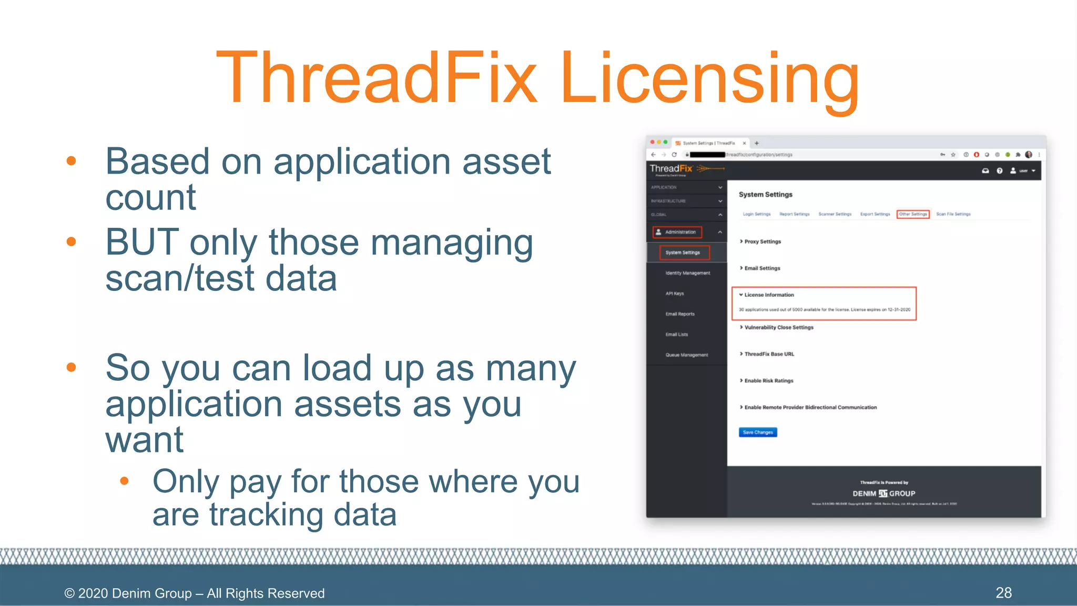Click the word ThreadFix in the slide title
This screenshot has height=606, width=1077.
pos(377,78)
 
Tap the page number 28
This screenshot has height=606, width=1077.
pos(1003,593)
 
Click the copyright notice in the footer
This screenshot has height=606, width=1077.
pos(195,593)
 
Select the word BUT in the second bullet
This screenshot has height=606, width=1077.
pos(142,243)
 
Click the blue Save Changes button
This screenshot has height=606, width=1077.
pos(758,432)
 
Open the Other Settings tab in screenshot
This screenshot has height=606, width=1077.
pos(913,214)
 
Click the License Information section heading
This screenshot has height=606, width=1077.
pos(768,295)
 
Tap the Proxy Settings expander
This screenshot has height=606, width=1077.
pos(762,241)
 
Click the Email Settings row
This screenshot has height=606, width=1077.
pos(761,268)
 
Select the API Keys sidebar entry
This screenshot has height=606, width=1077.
pos(675,294)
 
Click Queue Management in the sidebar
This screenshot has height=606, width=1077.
pos(686,355)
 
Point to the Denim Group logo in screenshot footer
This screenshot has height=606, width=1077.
pos(883,493)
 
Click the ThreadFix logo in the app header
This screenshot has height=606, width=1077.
pos(672,169)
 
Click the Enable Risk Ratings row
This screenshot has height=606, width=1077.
pos(768,381)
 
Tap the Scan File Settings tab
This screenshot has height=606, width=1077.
pos(953,214)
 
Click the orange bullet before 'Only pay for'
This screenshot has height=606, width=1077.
pos(124,480)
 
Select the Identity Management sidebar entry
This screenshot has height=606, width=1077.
pos(687,273)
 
